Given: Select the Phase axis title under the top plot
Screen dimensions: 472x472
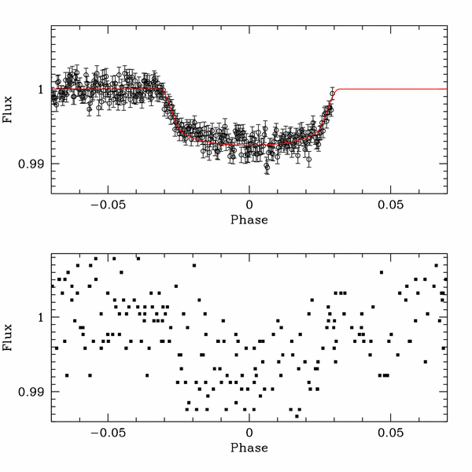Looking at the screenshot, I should click(x=249, y=219).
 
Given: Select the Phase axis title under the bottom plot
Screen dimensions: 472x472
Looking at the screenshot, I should click(x=249, y=448).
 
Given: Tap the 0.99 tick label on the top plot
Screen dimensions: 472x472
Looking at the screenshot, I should click(x=30, y=164).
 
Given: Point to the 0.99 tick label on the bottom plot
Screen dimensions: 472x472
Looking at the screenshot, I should click(x=30, y=391).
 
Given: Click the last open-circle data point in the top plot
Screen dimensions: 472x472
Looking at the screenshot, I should click(x=332, y=93).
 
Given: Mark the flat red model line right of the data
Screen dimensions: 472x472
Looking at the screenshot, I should click(x=393, y=90).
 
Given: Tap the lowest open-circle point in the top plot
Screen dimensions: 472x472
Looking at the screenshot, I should click(x=267, y=168).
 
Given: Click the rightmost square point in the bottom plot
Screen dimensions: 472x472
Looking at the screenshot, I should click(x=445, y=279).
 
